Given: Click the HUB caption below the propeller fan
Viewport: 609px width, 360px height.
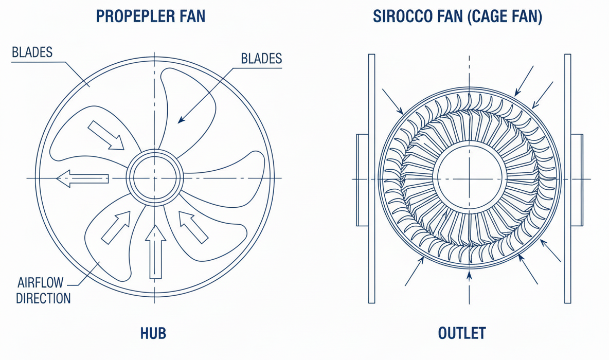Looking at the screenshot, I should pos(153,333).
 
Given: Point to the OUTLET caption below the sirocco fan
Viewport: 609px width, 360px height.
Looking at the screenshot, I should pos(462,333).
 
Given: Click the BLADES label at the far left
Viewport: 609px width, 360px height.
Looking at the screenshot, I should pos(31,52).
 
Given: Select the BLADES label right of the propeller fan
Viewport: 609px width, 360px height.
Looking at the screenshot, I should pos(261,59).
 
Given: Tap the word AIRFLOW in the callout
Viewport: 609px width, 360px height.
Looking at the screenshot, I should pos(41,283).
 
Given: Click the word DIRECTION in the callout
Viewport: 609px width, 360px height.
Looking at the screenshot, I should pos(43,298).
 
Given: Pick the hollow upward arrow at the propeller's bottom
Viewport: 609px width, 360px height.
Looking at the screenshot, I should pos(155,251).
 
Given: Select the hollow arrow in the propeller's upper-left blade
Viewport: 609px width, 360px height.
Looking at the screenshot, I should pos(105,135).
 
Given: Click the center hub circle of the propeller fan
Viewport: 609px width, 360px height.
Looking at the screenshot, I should pos(155,178).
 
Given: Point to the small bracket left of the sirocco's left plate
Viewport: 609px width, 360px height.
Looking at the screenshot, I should pos(362,179).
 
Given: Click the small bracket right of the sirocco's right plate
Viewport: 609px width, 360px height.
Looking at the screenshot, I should pos(577,179).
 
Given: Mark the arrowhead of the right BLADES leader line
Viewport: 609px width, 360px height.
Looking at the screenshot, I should pos(180,121).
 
